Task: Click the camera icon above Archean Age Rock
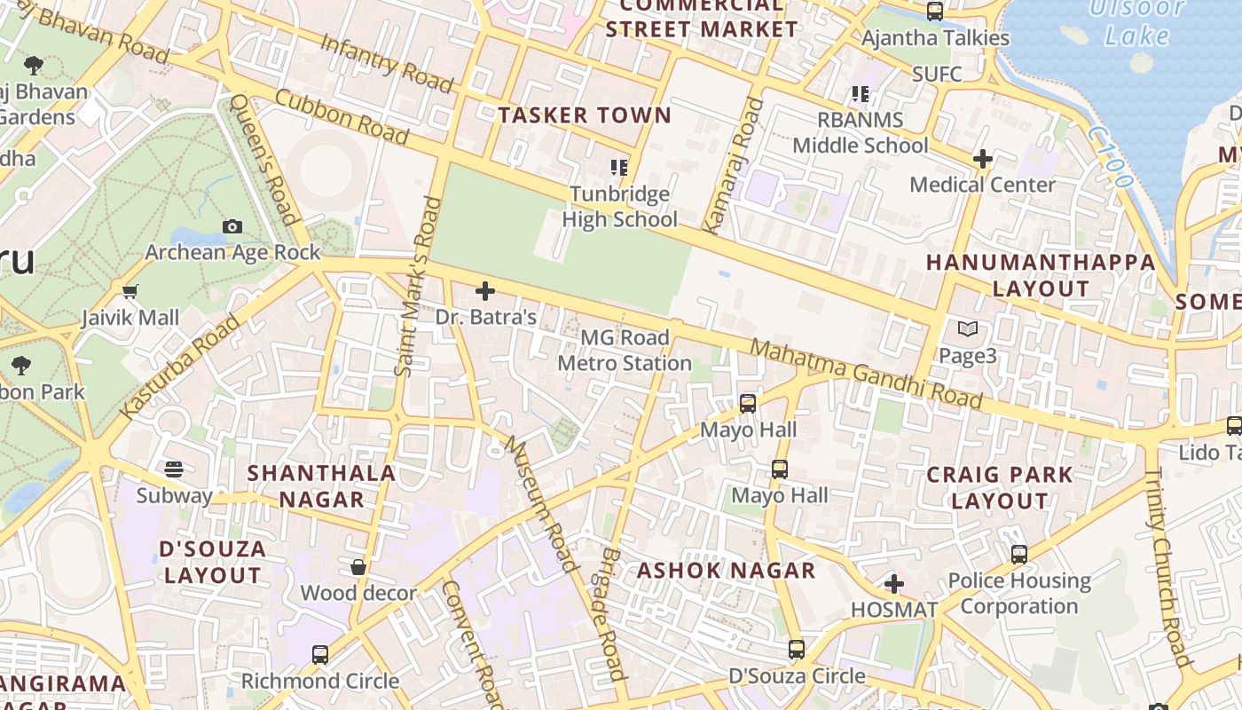(232, 227)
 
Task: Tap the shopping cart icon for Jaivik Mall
(130, 292)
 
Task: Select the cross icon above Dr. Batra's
(485, 291)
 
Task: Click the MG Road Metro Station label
(625, 351)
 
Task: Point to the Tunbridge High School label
(619, 207)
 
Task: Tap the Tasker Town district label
(585, 115)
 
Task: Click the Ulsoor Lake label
(1137, 22)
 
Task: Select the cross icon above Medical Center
(982, 160)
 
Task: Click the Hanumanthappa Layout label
(1041, 275)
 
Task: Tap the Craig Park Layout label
(1000, 487)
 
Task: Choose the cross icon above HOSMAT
(893, 584)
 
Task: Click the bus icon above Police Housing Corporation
(1018, 555)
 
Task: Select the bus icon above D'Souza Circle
(796, 650)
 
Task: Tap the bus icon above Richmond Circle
(320, 655)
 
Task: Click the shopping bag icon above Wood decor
(358, 567)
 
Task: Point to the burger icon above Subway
(174, 469)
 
